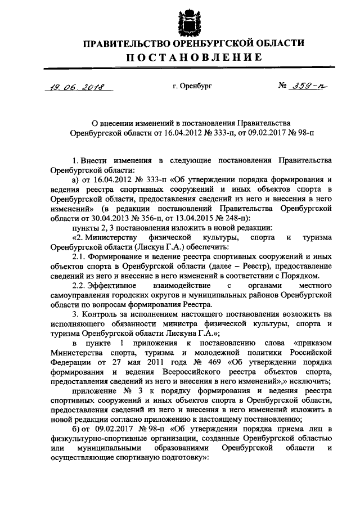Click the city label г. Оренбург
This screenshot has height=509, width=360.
coord(192,86)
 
